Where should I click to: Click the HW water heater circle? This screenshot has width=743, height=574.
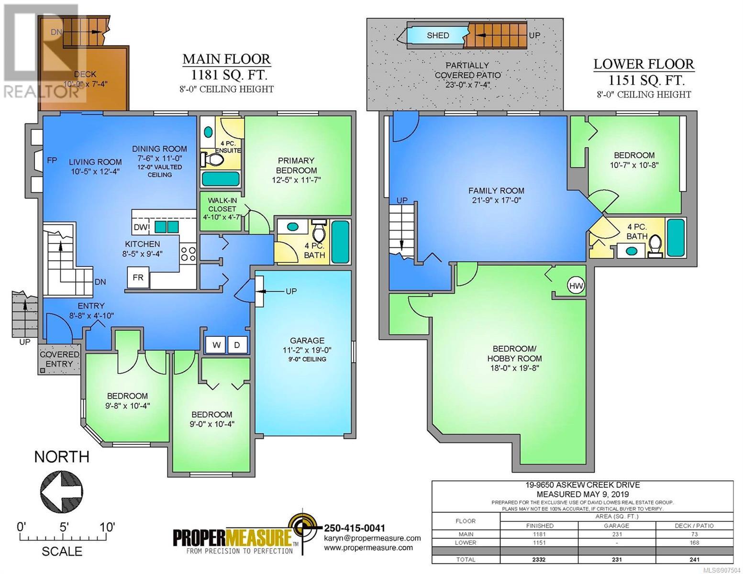pos(576,286)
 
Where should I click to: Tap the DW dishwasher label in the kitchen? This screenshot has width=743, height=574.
pos(141,227)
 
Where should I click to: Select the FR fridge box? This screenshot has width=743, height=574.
pos(138,277)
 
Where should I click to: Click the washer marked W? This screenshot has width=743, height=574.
pos(216,345)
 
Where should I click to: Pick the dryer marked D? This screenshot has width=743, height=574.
pos(237,345)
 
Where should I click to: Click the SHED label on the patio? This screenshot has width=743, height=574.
pos(438,35)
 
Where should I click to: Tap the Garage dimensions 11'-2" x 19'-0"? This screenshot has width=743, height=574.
pos(307,350)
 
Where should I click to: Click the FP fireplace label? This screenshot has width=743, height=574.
pos(52,160)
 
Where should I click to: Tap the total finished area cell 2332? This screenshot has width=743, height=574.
pos(539,560)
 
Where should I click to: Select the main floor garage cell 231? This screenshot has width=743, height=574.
pos(617,534)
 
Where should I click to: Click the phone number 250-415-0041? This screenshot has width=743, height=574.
pos(354,528)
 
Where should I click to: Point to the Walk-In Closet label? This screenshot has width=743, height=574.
pos(222,209)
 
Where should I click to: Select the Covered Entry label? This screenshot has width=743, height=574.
pos(59,359)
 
